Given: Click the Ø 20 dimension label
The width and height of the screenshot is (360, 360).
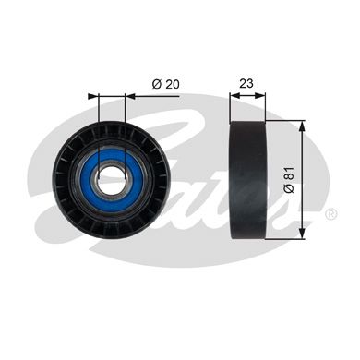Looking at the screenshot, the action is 165,84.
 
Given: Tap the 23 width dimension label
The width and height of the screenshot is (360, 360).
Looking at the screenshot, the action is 246,83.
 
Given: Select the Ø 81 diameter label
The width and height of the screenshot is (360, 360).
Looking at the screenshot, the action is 290,180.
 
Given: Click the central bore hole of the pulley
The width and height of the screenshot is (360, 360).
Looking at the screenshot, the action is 112,179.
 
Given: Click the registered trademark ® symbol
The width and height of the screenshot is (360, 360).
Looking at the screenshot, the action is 331,213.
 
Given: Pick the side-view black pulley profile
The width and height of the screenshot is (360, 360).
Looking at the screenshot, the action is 247,180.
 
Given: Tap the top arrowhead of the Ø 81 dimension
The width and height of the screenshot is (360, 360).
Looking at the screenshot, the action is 302,126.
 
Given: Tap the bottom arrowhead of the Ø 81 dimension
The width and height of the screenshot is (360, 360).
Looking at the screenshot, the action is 302,234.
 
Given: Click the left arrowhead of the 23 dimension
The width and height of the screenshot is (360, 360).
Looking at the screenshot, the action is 235,96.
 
